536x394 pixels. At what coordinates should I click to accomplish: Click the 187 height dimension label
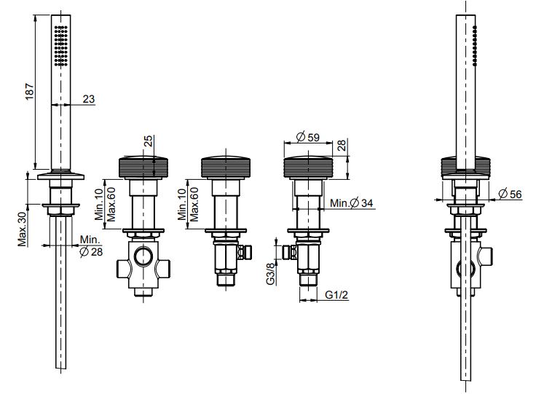tap(30, 91)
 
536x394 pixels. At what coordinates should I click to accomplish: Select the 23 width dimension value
tap(89, 99)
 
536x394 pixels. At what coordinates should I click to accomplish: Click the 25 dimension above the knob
tap(149, 141)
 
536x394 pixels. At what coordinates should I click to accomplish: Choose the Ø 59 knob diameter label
tap(307, 137)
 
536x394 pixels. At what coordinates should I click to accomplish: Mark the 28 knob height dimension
tap(342, 145)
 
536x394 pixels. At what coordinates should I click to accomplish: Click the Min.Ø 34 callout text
tap(352, 203)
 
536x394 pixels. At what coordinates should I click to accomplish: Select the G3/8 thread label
tap(270, 274)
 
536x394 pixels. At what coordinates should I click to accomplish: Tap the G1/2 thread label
tap(336, 294)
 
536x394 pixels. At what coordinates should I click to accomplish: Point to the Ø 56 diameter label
tap(510, 194)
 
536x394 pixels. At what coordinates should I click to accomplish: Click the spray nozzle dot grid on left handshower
tap(61, 45)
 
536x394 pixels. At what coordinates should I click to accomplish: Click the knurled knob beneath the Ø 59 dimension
tap(308, 167)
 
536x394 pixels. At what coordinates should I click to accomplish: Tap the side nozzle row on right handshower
tap(475, 46)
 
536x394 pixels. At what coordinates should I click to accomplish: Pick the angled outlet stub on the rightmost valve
tap(486, 256)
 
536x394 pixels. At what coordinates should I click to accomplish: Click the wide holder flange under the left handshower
tap(61, 176)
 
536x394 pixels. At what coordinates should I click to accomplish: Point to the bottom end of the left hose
tap(61, 369)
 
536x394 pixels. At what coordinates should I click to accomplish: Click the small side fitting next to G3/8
tap(289, 253)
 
